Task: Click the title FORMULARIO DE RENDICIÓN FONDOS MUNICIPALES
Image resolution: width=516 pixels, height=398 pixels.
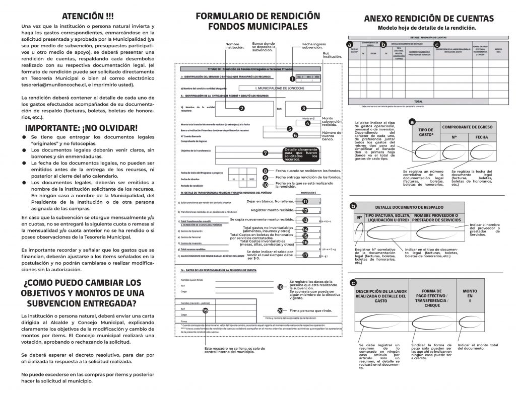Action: (x=257, y=21)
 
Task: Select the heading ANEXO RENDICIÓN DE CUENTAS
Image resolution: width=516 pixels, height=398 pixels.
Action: (x=429, y=19)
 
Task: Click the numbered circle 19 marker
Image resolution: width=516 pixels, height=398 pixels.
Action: (x=205, y=310)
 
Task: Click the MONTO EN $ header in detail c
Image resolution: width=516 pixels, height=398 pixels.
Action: (x=469, y=296)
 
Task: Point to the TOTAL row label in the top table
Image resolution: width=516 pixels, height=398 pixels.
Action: (x=417, y=101)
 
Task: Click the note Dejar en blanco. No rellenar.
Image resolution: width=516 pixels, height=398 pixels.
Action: (x=271, y=201)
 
